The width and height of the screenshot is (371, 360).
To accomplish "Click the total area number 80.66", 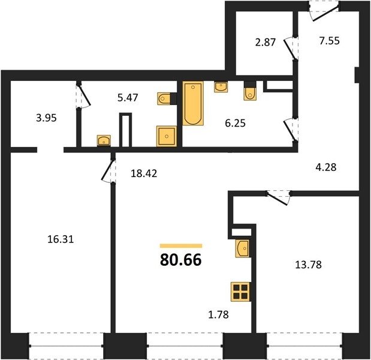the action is [x=181, y=260].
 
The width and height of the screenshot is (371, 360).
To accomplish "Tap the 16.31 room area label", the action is [x=61, y=239].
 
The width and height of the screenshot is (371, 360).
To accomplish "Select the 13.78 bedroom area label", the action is [x=308, y=265].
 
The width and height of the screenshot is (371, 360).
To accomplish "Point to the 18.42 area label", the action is [x=144, y=173].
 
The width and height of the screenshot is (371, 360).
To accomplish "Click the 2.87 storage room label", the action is [x=266, y=43].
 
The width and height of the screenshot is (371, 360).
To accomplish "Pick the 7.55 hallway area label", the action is [x=330, y=41].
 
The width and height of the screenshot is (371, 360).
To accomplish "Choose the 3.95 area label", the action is [x=46, y=118].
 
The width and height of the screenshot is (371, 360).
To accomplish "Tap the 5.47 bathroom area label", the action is [x=128, y=97].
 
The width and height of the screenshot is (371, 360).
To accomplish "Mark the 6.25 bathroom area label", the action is [x=235, y=123].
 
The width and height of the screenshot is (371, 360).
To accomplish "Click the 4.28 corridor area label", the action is [x=326, y=167].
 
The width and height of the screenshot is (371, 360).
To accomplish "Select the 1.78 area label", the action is [x=218, y=314].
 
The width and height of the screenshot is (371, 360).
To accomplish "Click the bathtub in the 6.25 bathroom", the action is [x=193, y=103].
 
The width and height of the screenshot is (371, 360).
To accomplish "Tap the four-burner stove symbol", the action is [x=240, y=292].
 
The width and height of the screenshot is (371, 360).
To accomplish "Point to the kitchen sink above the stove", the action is [x=243, y=248].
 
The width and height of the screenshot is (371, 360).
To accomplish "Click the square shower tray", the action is [x=167, y=136].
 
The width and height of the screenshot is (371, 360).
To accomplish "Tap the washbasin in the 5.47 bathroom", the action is [x=104, y=140].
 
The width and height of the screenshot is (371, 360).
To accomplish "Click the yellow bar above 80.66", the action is [x=181, y=246].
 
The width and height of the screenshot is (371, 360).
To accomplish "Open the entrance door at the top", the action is [x=324, y=11].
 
